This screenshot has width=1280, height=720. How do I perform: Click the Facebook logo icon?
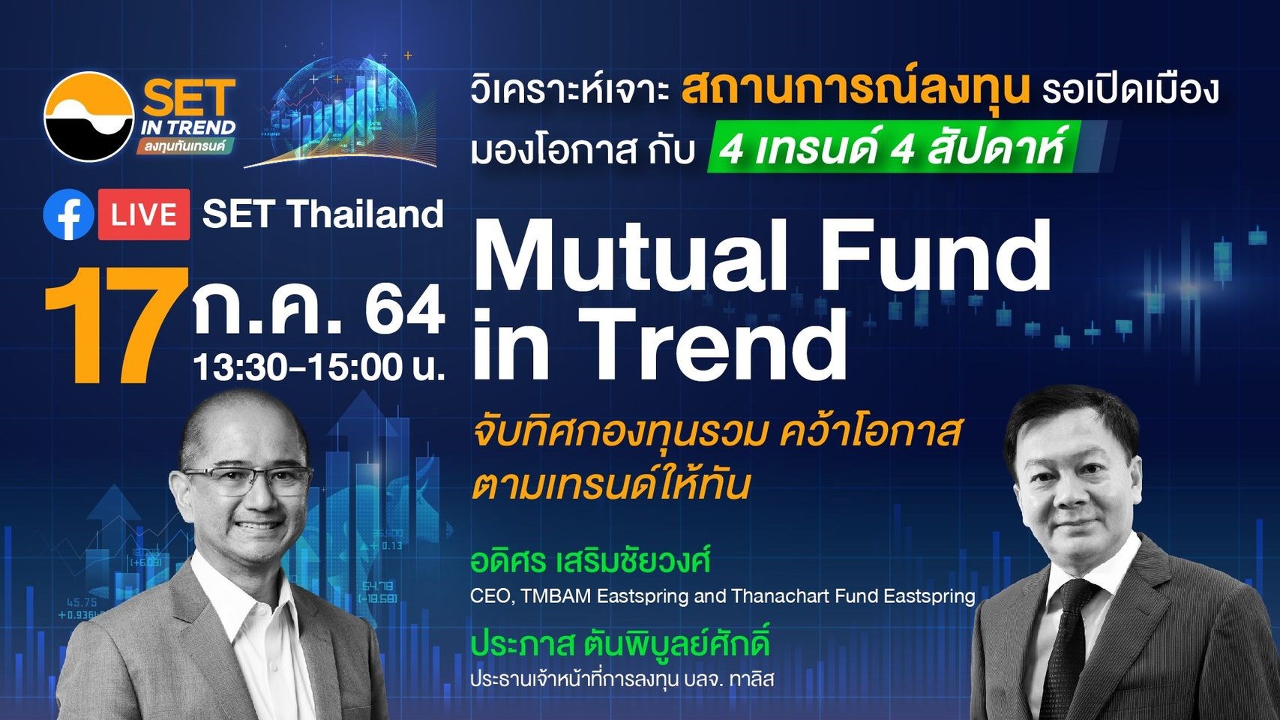point(68,214)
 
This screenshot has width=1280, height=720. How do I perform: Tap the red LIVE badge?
point(144,214)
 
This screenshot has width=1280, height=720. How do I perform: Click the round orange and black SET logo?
point(89,116)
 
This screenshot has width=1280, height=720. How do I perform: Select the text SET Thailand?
point(323,214)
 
